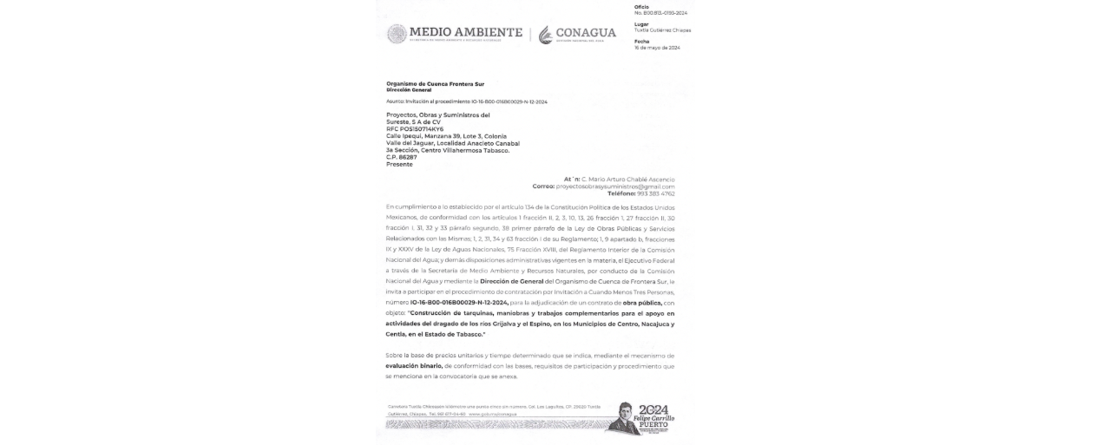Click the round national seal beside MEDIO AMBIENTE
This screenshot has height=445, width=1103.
[x=397, y=34]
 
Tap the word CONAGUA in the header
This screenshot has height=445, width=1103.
[x=586, y=33]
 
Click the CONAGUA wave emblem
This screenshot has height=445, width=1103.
[x=545, y=35]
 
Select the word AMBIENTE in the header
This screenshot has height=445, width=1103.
[x=487, y=32]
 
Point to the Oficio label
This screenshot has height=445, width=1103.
[x=641, y=6]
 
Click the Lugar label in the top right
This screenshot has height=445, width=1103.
[x=641, y=23]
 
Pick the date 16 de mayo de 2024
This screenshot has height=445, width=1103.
[x=657, y=48]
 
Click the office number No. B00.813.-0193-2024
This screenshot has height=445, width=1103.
[x=660, y=13]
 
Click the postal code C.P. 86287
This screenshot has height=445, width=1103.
[x=402, y=157]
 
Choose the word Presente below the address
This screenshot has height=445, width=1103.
[x=399, y=164]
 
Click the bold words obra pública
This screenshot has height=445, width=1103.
[x=642, y=303]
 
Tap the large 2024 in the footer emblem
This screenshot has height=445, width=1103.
[x=653, y=409]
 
